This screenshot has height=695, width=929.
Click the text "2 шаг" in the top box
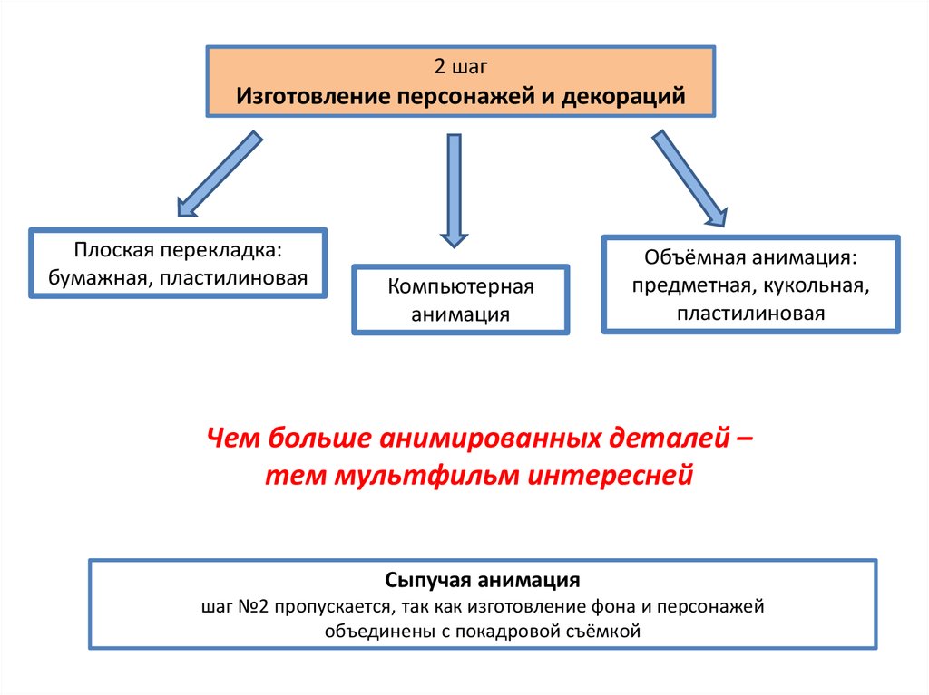pos(461,67)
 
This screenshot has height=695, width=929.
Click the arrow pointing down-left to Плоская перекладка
pos(218,174)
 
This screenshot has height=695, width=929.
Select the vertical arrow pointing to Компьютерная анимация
pos(455,190)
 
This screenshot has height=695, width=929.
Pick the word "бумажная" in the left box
pos(101,277)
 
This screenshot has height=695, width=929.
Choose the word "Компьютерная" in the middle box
pos(461,287)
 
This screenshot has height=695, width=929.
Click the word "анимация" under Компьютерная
pos(460,314)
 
